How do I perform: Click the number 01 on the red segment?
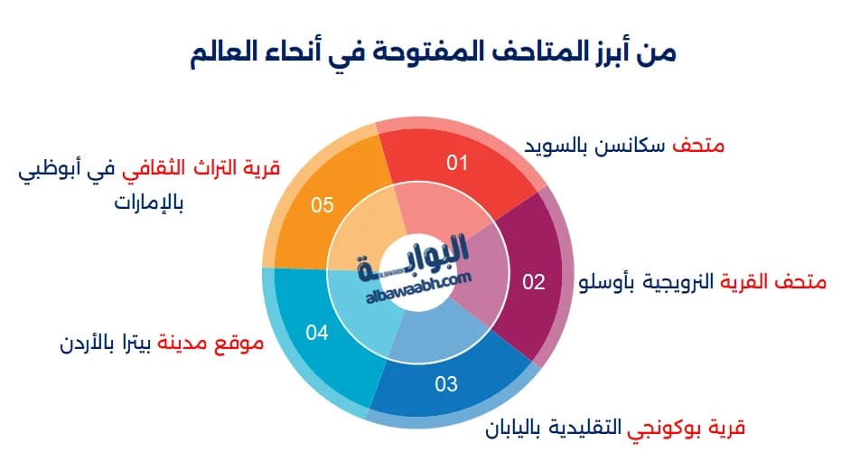[x=457, y=163]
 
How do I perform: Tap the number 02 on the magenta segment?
[x=534, y=282]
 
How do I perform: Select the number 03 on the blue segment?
[x=446, y=384]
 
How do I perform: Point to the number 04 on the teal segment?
[x=316, y=333]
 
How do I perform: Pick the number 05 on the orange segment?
[x=322, y=205]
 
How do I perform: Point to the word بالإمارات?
[x=149, y=202]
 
